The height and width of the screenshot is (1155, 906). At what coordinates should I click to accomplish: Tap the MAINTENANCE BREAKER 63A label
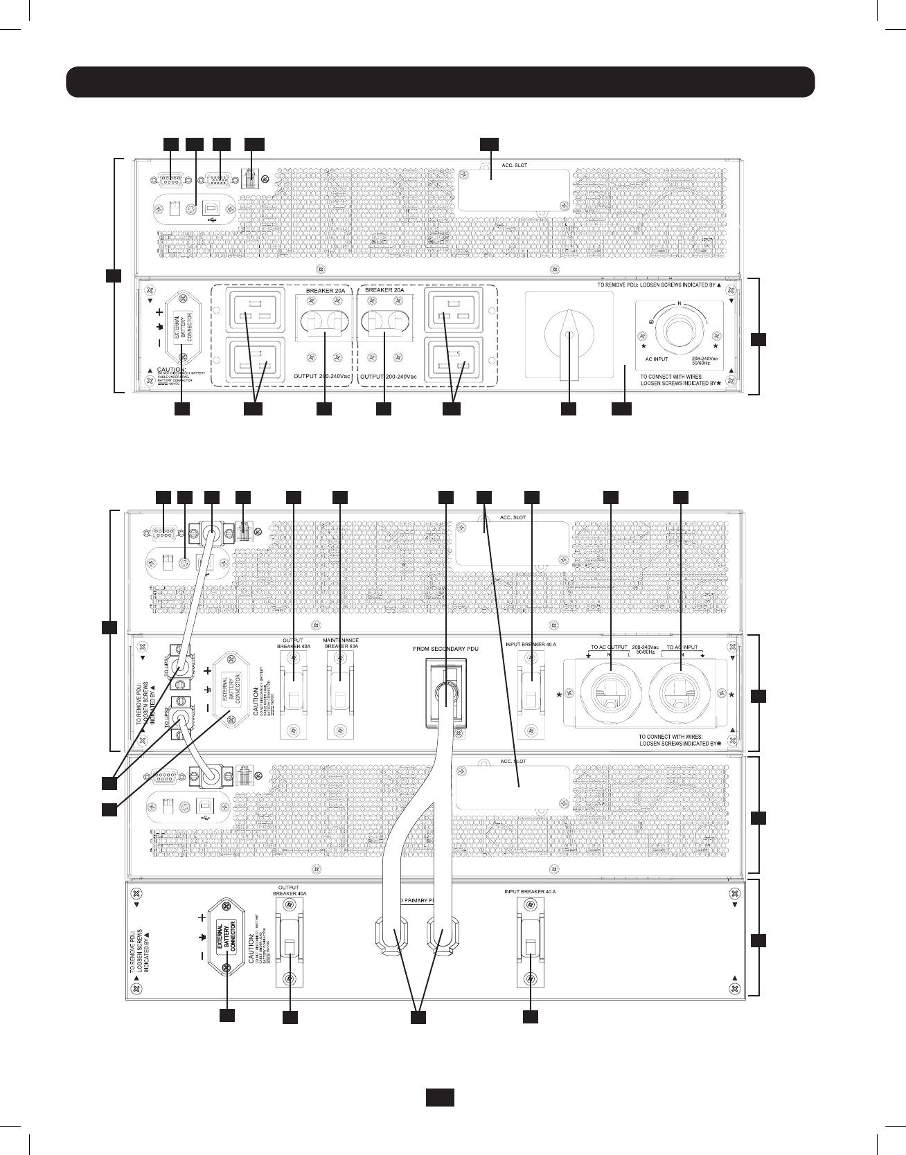(341, 643)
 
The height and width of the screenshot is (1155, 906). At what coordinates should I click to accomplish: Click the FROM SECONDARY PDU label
(445, 648)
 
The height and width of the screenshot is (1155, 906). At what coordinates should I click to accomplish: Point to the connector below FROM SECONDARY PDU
(446, 692)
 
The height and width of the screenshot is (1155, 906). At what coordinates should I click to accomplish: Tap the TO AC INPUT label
(682, 647)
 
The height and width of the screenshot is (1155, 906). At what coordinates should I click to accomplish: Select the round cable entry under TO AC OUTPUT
(610, 688)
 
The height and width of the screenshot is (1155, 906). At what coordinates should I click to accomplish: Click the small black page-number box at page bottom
(439, 1098)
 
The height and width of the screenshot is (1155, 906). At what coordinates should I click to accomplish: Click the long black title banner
(440, 82)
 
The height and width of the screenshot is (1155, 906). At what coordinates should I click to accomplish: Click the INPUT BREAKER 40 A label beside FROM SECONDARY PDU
(532, 644)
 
